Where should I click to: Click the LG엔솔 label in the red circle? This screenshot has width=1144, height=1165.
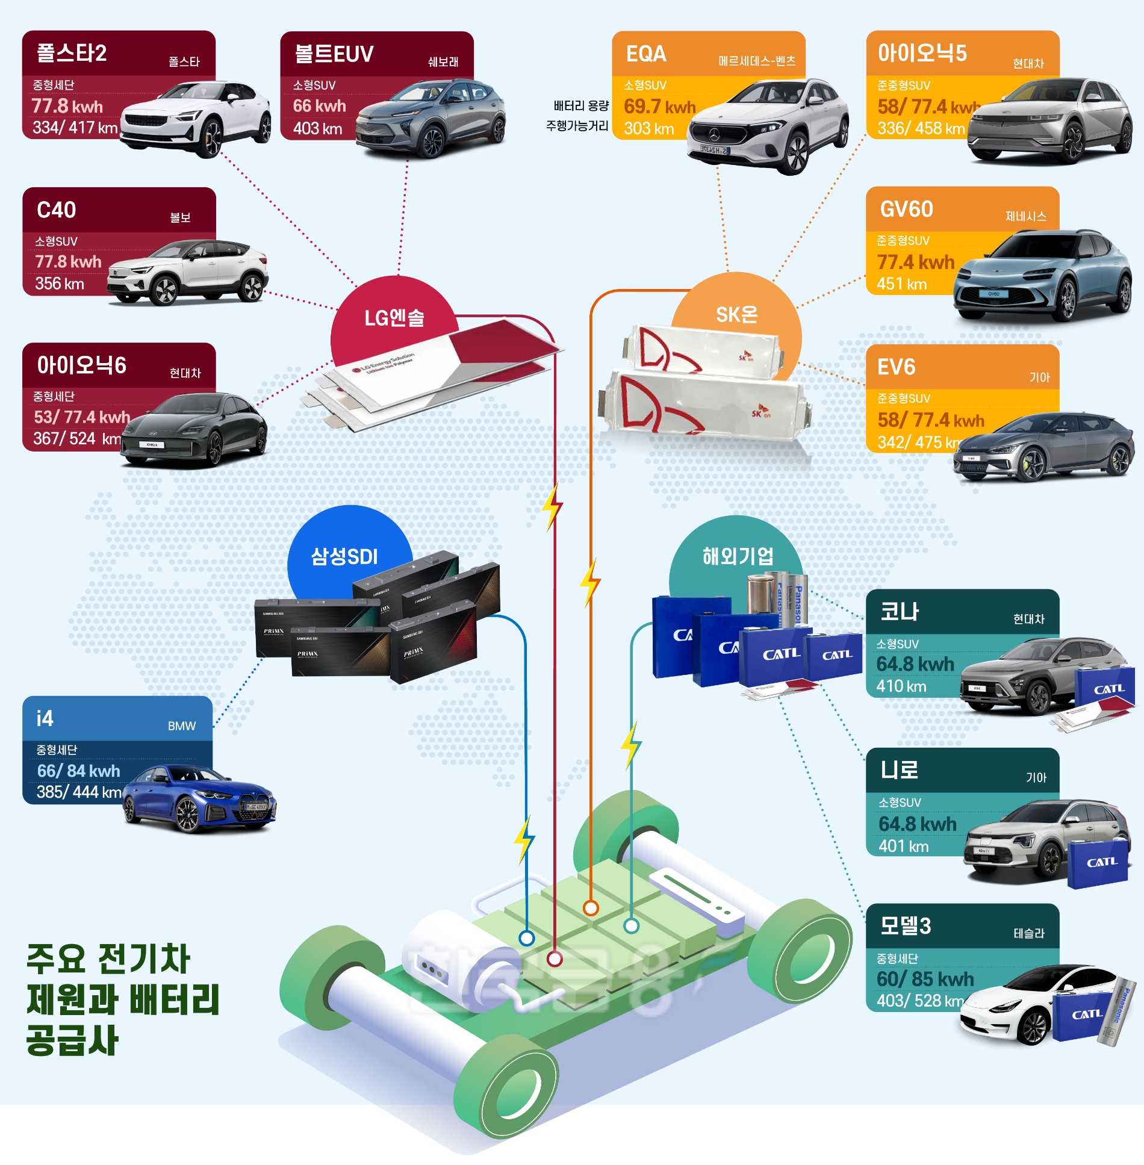[394, 317]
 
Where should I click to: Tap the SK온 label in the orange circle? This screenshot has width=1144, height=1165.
[736, 314]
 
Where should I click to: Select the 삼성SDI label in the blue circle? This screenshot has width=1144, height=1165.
[344, 556]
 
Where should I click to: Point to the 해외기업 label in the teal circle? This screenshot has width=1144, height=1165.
[738, 556]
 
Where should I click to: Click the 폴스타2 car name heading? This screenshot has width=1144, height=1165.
[72, 53]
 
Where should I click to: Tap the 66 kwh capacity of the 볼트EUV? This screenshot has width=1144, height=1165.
[319, 106]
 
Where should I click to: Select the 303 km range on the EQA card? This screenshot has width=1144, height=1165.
[648, 128]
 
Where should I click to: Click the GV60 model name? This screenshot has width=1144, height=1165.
[906, 210]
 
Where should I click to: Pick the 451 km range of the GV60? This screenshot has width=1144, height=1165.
[901, 284]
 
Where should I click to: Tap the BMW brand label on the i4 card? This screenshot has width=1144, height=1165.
[182, 726]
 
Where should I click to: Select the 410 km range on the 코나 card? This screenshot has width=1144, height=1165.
[901, 686]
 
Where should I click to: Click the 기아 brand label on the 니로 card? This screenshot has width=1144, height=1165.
[1036, 778]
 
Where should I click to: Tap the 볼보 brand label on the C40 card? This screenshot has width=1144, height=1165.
[180, 217]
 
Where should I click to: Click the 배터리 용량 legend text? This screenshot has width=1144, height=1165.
[581, 106]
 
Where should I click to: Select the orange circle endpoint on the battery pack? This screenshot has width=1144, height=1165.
[591, 908]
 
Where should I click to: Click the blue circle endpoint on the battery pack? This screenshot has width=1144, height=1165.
[527, 937]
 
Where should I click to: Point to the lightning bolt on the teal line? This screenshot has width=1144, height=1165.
[631, 744]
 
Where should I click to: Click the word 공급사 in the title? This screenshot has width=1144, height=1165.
[72, 1040]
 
